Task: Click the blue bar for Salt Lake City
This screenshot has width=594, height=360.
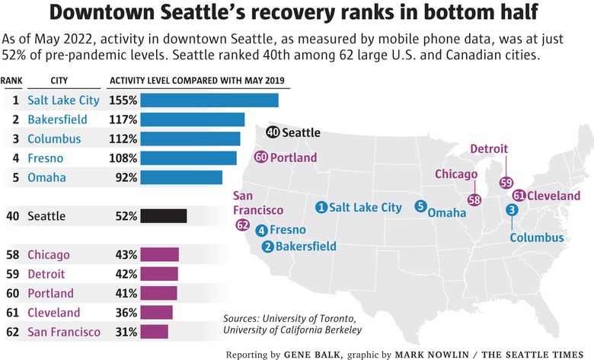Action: (209, 100)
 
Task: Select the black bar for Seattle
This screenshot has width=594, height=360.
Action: (164, 216)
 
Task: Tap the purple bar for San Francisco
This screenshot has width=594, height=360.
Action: (155, 332)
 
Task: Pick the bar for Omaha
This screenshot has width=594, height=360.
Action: (181, 177)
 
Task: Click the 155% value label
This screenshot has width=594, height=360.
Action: (123, 100)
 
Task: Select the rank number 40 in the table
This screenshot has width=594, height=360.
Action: (13, 216)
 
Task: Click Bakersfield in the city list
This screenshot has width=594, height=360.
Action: (57, 119)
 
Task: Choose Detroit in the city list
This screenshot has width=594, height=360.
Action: (46, 274)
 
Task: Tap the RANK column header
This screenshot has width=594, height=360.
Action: (11, 80)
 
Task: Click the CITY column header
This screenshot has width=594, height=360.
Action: (59, 80)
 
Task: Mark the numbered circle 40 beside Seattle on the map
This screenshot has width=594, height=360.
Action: (273, 132)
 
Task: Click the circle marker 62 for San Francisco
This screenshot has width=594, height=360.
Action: (243, 225)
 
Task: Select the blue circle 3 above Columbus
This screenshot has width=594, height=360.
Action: (513, 210)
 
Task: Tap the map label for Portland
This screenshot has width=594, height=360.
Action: (292, 158)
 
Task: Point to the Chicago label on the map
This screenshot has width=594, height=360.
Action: (456, 174)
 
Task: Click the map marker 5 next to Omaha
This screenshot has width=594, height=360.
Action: (420, 205)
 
